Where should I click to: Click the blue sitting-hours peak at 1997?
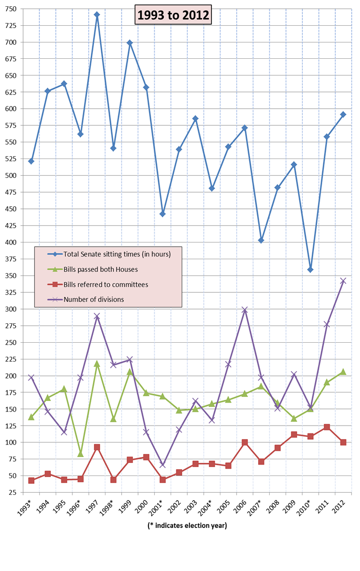tap(97, 15)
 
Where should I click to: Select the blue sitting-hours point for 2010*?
tap(310, 270)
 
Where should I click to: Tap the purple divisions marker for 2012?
tap(343, 281)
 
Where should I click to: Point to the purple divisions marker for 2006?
tap(245, 310)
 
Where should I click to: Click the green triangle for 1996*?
tap(81, 453)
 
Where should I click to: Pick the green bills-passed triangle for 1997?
tap(97, 363)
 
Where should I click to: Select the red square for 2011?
tap(326, 427)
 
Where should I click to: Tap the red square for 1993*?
tap(31, 481)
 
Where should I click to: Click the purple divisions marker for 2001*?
tap(163, 465)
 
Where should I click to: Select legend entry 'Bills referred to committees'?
tap(105, 284)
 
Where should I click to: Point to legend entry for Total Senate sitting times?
tap(117, 255)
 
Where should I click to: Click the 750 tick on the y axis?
tap(10, 9)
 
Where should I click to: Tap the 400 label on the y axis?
tap(10, 242)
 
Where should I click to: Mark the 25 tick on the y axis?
tap(12, 493)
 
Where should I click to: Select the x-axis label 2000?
tap(143, 505)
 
